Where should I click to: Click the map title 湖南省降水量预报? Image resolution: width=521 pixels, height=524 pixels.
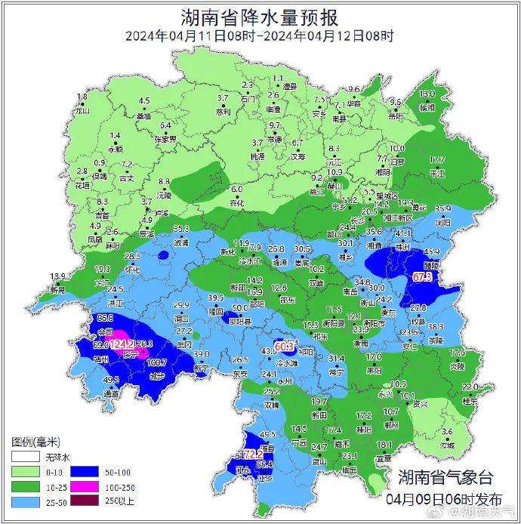260,17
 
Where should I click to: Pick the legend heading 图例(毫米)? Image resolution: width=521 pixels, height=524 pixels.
35,442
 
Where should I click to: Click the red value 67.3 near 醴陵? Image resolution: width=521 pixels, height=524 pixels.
422,277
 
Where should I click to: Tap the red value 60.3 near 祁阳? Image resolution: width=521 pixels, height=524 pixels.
284,346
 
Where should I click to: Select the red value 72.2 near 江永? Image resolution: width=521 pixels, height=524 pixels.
252,455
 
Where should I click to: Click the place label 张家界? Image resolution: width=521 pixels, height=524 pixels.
165,140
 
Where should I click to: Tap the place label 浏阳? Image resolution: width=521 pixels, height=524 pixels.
442,223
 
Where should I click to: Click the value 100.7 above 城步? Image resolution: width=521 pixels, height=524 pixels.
156,363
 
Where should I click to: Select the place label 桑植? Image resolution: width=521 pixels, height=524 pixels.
143,116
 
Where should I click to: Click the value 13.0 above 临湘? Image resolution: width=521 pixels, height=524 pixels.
427,94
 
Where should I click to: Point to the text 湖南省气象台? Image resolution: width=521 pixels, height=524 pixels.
445,477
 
